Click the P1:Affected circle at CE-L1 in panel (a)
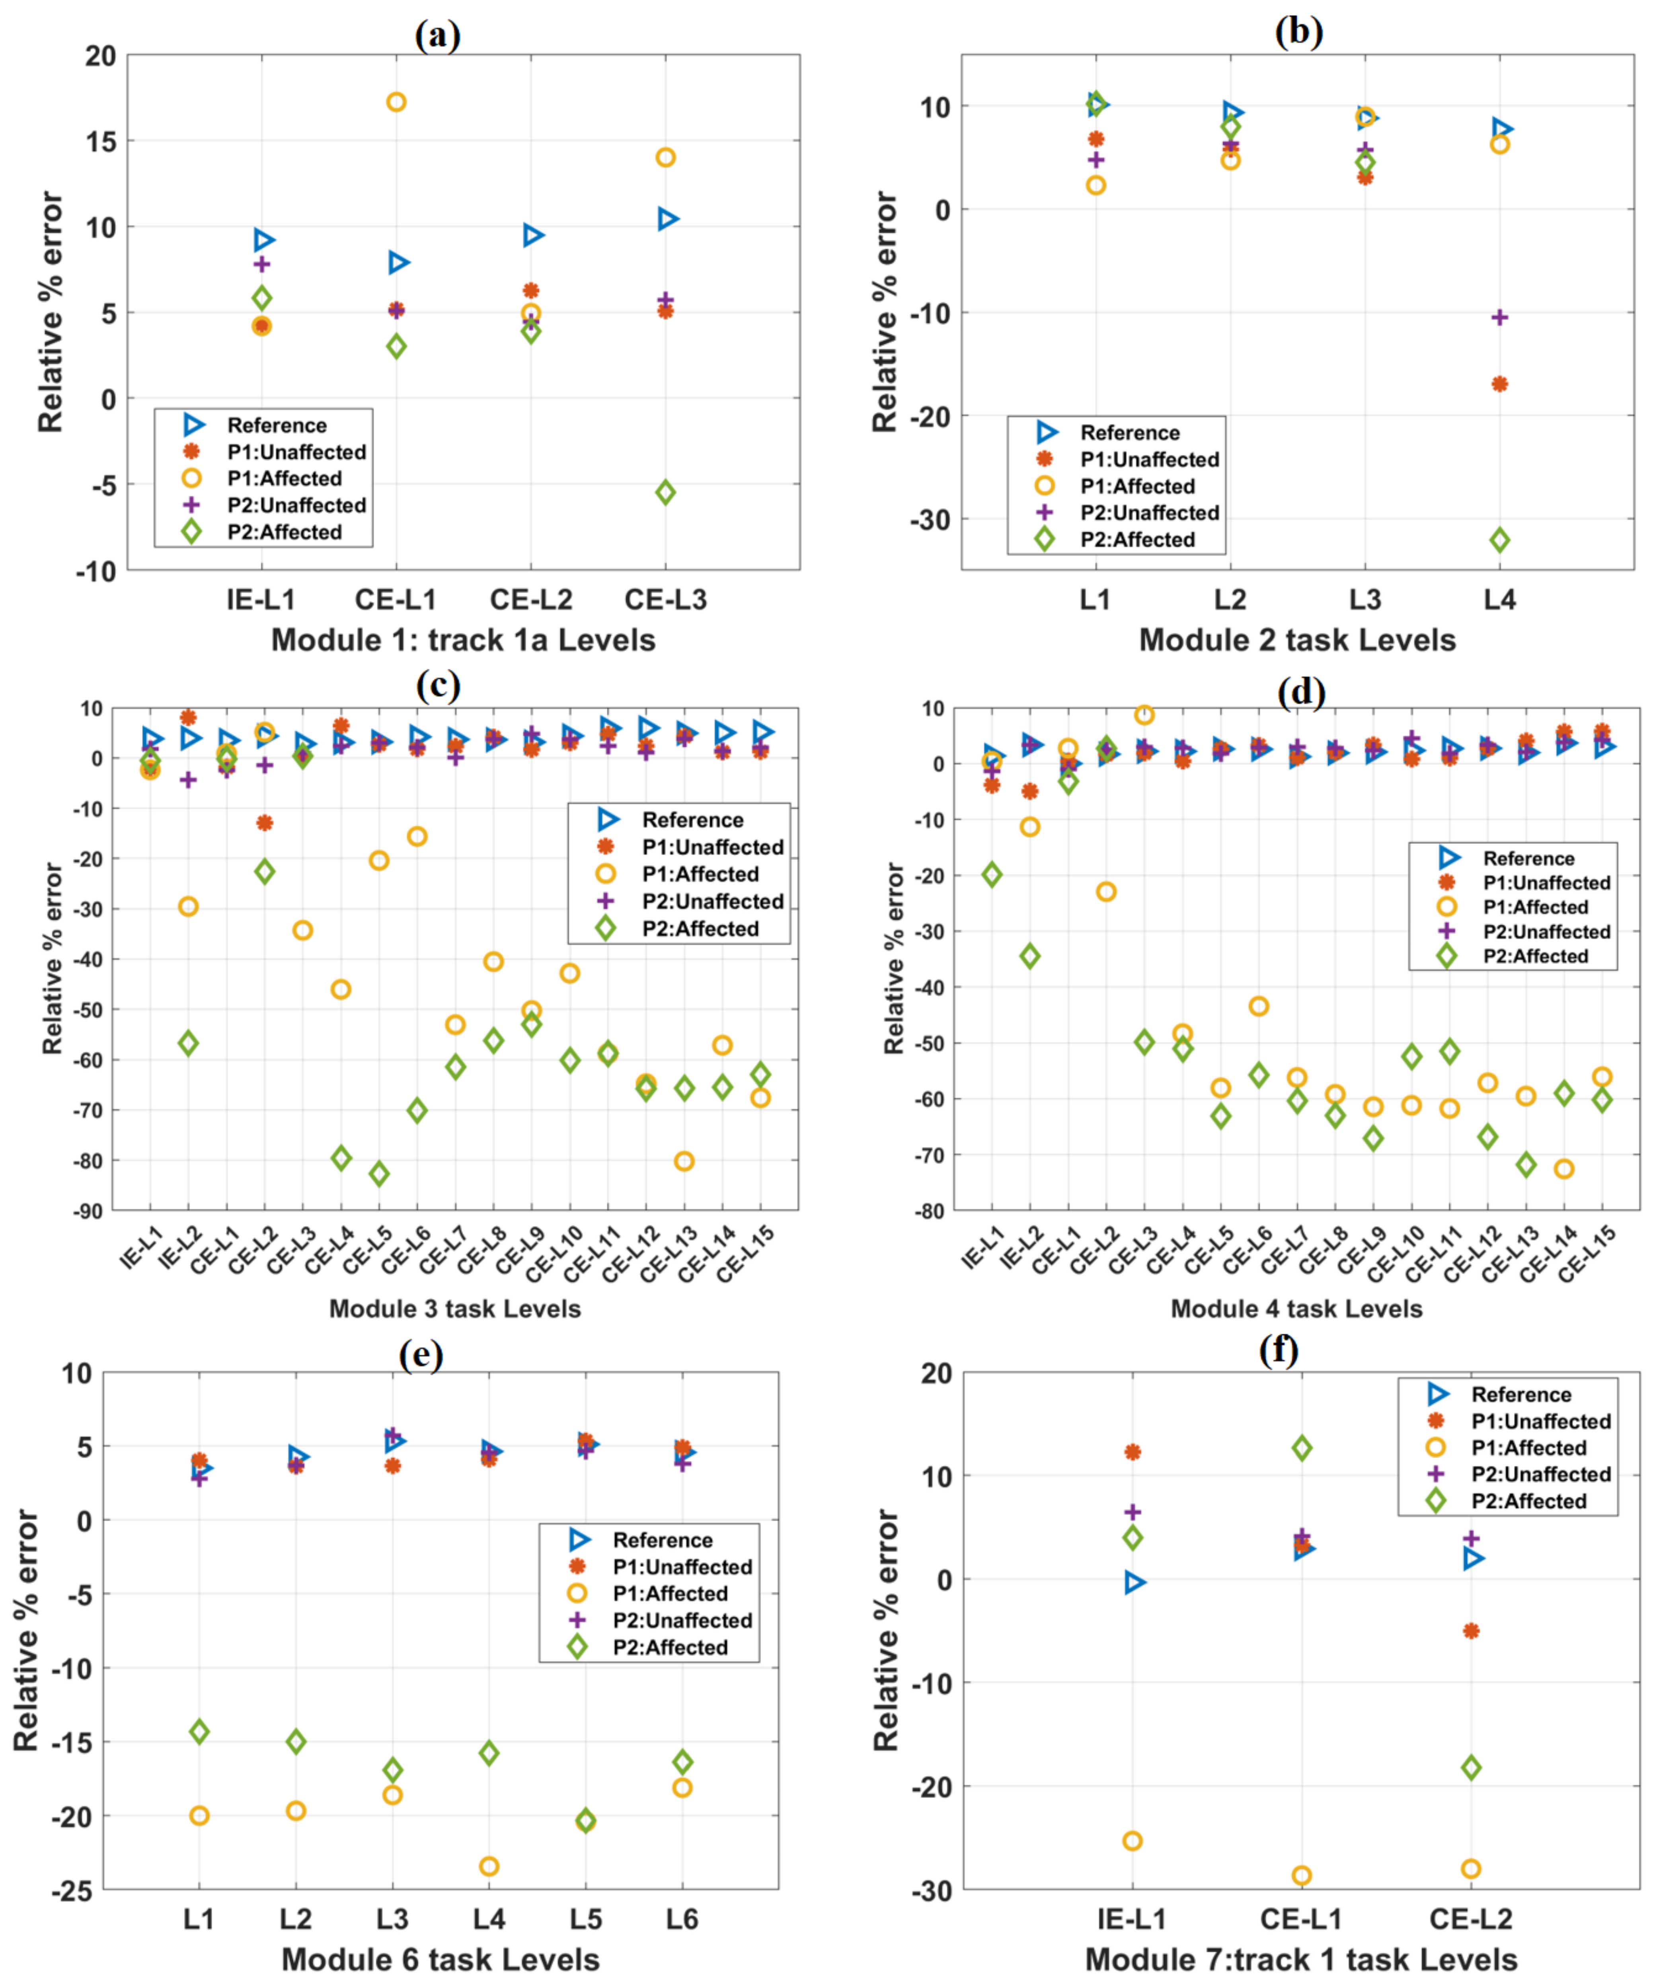click(x=396, y=102)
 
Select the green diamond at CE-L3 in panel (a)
click(x=665, y=493)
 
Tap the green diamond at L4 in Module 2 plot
click(x=1499, y=541)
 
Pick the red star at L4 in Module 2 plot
click(x=1499, y=384)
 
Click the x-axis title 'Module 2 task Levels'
click(x=1297, y=640)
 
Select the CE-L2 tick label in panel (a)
click(x=531, y=599)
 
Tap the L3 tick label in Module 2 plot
click(x=1364, y=599)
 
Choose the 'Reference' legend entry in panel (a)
click(x=276, y=425)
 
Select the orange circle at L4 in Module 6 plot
click(x=489, y=1867)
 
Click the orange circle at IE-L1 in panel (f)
click(x=1133, y=1841)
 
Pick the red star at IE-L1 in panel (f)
click(x=1133, y=1452)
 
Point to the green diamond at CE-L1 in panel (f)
click(x=1302, y=1448)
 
